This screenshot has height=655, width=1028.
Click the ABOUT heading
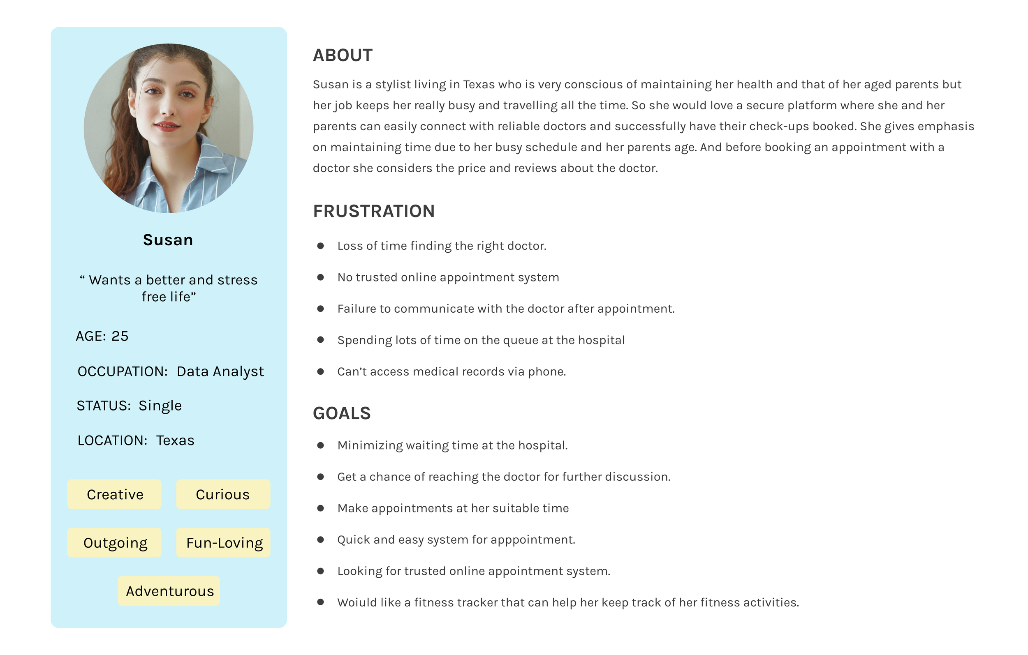[x=343, y=55]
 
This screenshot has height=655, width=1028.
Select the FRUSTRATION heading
[x=373, y=211]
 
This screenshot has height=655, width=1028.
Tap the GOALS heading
[x=342, y=413]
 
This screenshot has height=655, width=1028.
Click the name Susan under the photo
[x=168, y=240]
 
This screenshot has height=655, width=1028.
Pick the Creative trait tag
[x=114, y=494]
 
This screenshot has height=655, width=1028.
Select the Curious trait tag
[x=223, y=494]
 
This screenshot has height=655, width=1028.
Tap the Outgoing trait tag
[x=115, y=542]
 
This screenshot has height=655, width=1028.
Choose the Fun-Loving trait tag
[x=224, y=542]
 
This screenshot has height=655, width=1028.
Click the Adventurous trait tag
[x=169, y=591]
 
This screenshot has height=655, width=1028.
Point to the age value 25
[x=120, y=336]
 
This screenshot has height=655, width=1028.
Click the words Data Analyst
[x=220, y=371]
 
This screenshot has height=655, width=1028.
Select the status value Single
[x=160, y=406]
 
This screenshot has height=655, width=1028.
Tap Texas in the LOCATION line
[x=175, y=441]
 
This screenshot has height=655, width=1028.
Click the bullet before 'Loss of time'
[x=320, y=246]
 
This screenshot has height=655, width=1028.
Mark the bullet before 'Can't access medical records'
[x=320, y=371]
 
